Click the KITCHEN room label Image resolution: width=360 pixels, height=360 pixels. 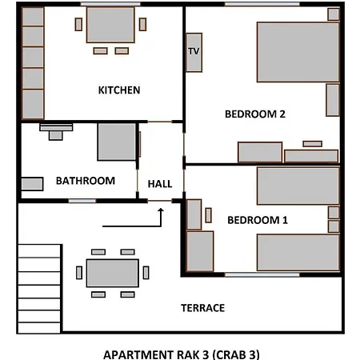tap(119, 90)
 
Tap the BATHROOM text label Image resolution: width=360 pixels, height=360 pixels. tap(86, 181)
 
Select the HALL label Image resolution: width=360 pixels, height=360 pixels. tap(160, 184)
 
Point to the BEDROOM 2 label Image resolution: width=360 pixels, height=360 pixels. tap(255, 114)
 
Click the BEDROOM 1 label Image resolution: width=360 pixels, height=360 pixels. tap(258, 220)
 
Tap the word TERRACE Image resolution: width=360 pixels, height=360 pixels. tap(203, 308)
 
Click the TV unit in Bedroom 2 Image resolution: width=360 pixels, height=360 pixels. tap(194, 53)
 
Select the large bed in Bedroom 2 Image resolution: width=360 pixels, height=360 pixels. tap(298, 52)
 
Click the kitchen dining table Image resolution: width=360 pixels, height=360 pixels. tap(110, 25)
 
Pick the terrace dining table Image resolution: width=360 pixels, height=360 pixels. tap(113, 273)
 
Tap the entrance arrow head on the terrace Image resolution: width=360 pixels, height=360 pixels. tap(161, 210)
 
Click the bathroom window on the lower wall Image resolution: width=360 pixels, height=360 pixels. tap(82, 201)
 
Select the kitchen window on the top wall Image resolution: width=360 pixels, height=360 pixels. tap(110, 4)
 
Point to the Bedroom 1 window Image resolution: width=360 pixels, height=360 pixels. tap(262, 274)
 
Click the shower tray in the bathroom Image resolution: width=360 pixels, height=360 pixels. tap(117, 142)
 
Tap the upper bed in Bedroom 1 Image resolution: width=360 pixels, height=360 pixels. tap(298, 186)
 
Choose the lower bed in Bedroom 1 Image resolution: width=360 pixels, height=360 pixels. tap(298, 253)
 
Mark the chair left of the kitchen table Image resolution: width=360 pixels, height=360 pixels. tap(78, 24)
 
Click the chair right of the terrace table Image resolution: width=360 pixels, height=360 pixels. tap(146, 273)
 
